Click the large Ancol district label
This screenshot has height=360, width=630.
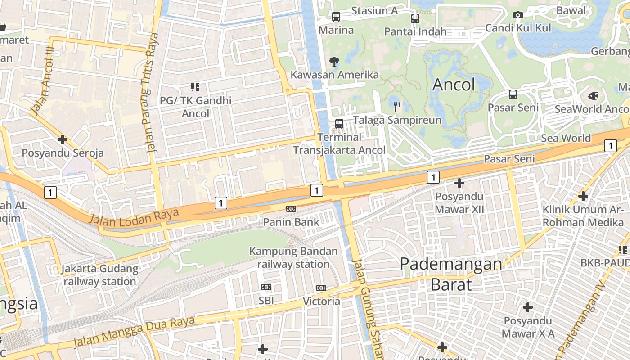[x=454, y=85]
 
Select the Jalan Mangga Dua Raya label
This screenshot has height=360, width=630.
[x=134, y=333]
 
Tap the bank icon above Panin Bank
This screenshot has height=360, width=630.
[x=291, y=209]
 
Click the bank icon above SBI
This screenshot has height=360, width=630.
[x=266, y=287]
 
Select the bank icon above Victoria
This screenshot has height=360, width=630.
[x=321, y=288]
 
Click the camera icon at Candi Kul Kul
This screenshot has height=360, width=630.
[x=518, y=15]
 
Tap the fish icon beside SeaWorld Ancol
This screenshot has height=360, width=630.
[x=593, y=96]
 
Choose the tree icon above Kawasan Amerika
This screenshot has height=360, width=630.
[x=334, y=61]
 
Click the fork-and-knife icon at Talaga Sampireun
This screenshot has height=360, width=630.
[x=397, y=107]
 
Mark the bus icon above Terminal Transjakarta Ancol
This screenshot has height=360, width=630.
[x=339, y=123]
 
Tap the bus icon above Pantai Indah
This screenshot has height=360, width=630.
[x=415, y=18]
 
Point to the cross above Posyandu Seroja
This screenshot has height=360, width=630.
[x=63, y=139]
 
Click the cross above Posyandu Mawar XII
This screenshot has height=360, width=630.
[x=459, y=183]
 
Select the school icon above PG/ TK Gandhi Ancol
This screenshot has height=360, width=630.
[x=195, y=87]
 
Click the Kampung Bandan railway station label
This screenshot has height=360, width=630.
[x=293, y=257]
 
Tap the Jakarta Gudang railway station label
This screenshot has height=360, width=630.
[x=100, y=275]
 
